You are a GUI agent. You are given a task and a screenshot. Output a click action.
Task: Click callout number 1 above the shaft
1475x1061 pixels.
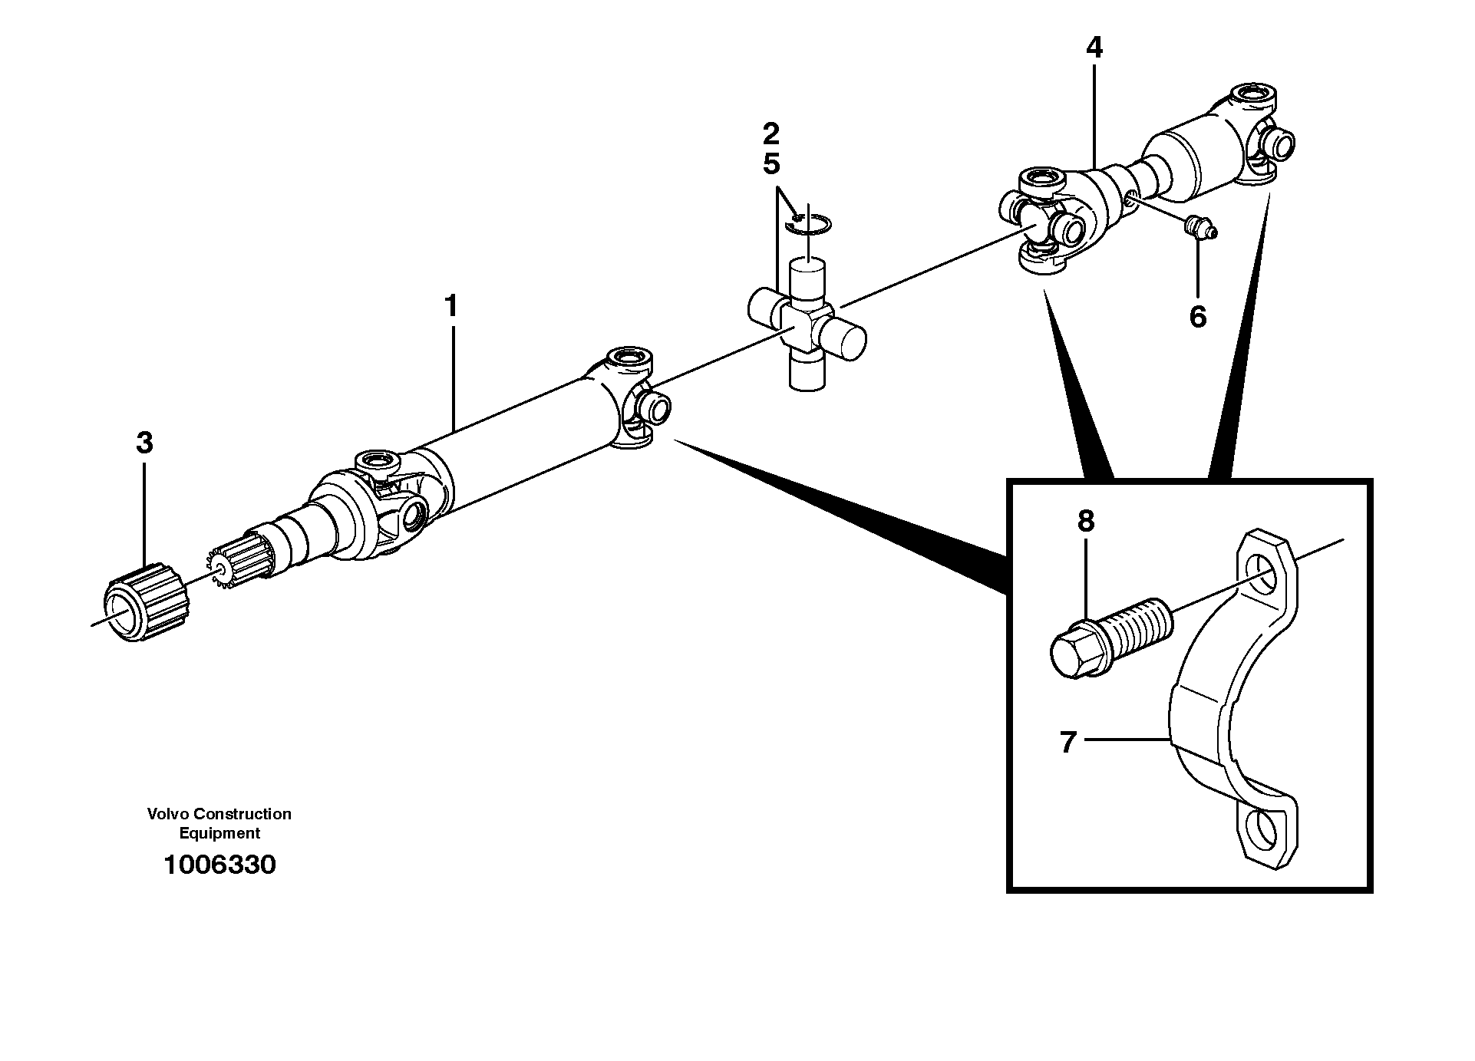click(x=451, y=306)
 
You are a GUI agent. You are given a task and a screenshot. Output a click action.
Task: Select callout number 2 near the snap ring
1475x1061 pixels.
click(x=770, y=134)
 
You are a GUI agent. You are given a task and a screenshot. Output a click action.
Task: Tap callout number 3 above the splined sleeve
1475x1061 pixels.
click(x=144, y=443)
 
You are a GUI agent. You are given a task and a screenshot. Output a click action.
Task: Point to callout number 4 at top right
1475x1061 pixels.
click(x=1094, y=48)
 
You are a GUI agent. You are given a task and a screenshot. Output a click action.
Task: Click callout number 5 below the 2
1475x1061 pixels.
click(x=770, y=163)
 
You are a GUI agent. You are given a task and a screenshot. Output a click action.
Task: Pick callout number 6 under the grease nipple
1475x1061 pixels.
click(x=1197, y=316)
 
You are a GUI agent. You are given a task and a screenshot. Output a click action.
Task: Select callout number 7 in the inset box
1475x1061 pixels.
click(x=1068, y=742)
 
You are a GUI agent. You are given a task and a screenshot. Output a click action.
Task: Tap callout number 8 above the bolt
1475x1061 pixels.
click(x=1085, y=521)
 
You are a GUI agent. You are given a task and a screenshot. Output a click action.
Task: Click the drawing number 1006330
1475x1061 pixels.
click(x=219, y=865)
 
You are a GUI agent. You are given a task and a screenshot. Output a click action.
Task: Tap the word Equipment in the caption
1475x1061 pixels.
click(x=219, y=833)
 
